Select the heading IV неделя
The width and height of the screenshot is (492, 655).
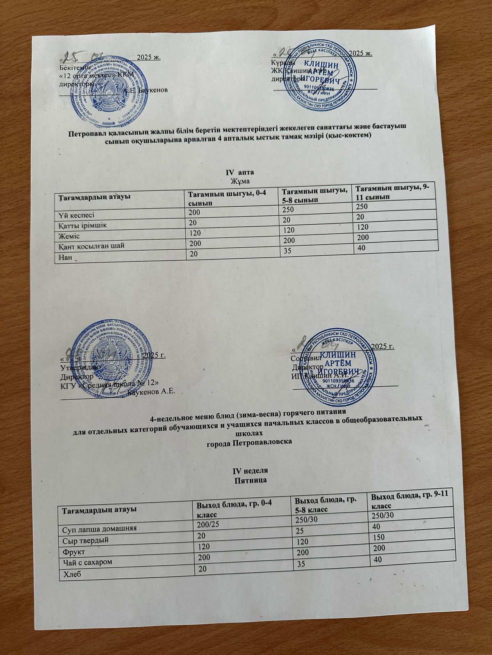[x=250, y=471]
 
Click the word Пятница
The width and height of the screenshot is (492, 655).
[x=250, y=480]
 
